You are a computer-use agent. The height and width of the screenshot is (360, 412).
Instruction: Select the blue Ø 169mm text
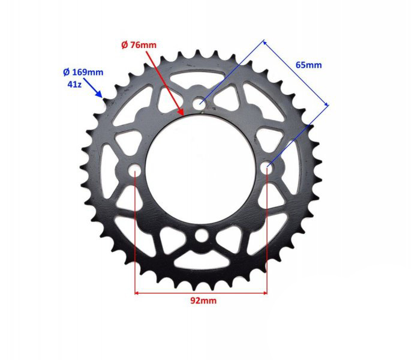pyautogui.click(x=83, y=72)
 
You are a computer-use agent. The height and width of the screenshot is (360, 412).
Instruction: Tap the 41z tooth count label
pyautogui.click(x=75, y=85)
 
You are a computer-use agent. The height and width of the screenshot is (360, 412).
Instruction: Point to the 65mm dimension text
pyautogui.click(x=308, y=65)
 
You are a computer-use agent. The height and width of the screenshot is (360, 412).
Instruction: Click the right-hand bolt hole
pyautogui.click(x=268, y=166)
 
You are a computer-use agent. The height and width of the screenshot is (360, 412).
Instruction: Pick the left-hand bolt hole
pyautogui.click(x=135, y=170)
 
